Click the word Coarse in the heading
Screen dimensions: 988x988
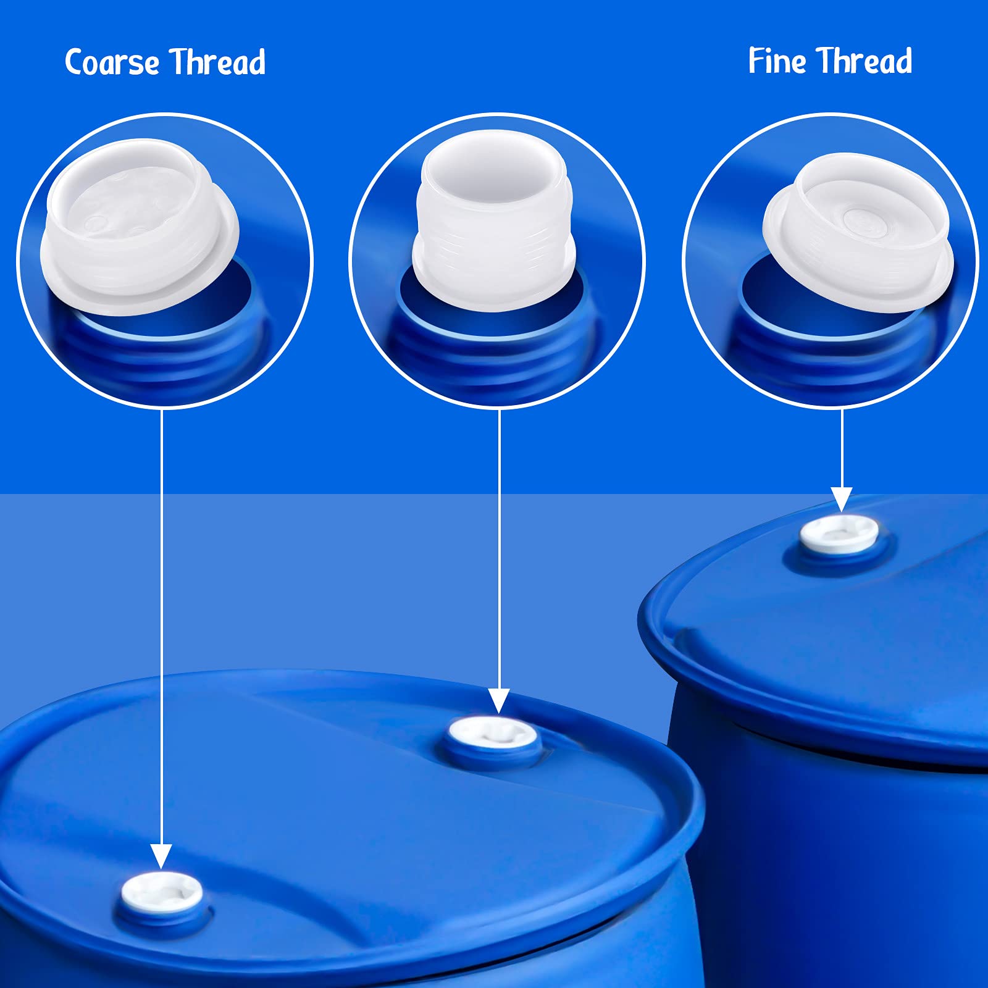tap(112, 63)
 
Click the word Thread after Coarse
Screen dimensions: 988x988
tap(217, 62)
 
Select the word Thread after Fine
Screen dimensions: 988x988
tap(866, 61)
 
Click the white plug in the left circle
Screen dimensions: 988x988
tap(140, 228)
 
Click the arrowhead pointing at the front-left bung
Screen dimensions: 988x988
tap(161, 856)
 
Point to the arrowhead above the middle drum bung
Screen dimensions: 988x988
tap(498, 701)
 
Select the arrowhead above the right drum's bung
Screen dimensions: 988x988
tap(841, 499)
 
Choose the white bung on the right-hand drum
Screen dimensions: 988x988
tap(839, 534)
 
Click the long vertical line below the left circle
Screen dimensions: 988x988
tap(161, 617)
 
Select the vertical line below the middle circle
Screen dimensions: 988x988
tap(498, 543)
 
